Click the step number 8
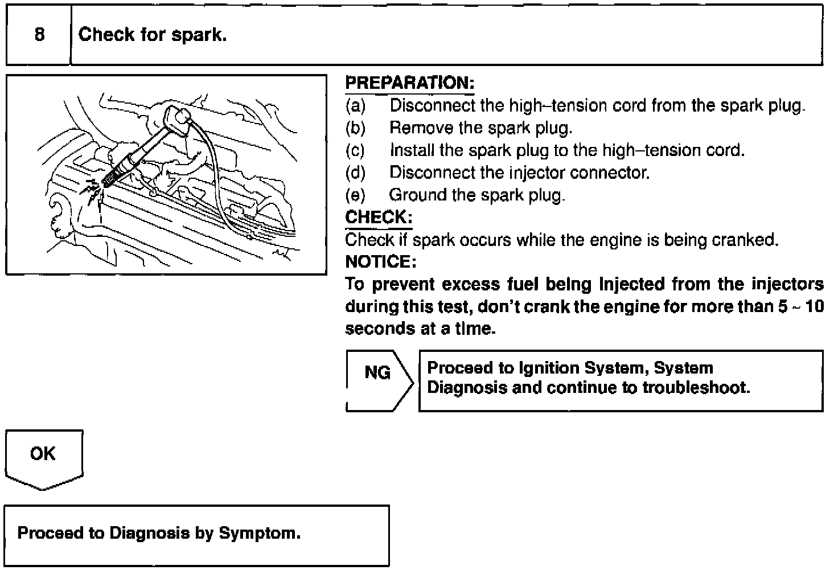point(39,35)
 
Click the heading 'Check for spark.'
point(153,35)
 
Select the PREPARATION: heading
point(410,83)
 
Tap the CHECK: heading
point(379,218)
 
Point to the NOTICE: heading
point(381,262)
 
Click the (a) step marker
point(355,106)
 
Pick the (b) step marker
point(355,128)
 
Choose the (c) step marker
point(355,150)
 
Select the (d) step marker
point(355,173)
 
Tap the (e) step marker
point(355,195)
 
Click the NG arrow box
point(379,380)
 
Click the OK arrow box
point(44,459)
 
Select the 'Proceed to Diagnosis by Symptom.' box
point(196,535)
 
